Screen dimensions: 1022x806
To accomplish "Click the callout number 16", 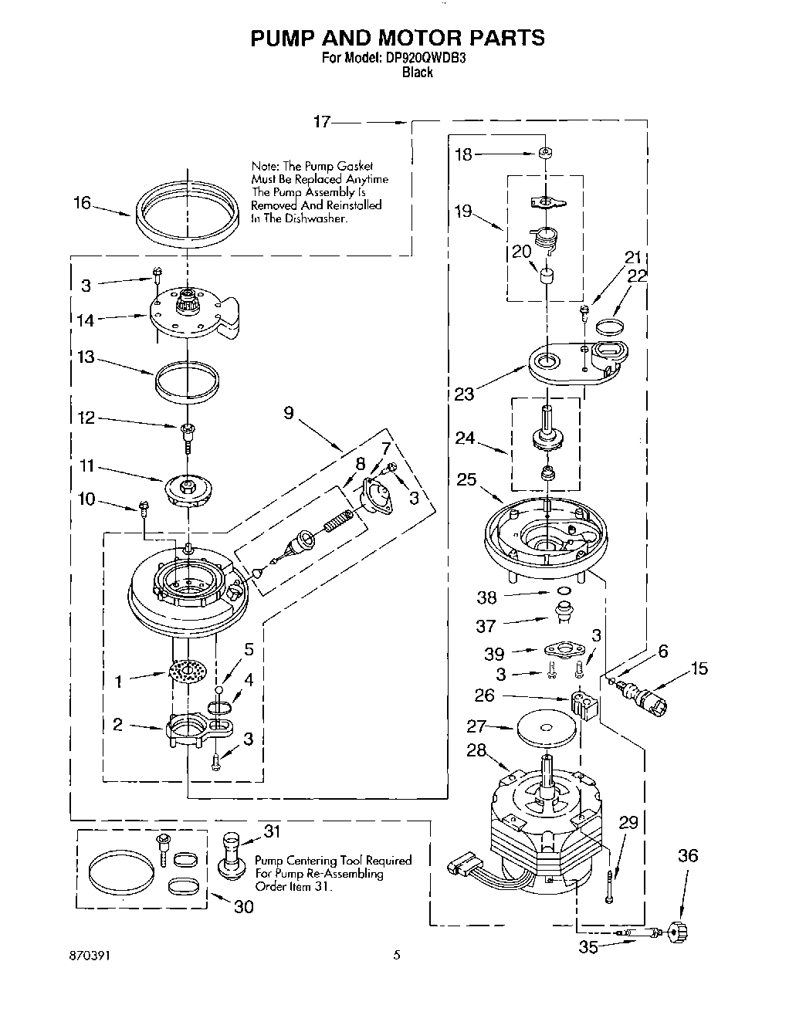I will pyautogui.click(x=82, y=203).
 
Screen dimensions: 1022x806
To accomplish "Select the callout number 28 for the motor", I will pyautogui.click(x=476, y=750).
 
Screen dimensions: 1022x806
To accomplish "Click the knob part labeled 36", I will pyautogui.click(x=678, y=932).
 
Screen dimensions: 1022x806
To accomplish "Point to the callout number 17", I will pyautogui.click(x=322, y=121).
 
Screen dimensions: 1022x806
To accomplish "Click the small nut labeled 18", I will pyautogui.click(x=544, y=153).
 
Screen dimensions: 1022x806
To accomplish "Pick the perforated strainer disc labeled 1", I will pyautogui.click(x=188, y=672).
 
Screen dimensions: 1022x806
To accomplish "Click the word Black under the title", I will pyautogui.click(x=417, y=73).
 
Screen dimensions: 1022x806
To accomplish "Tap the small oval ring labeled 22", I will pyautogui.click(x=610, y=326).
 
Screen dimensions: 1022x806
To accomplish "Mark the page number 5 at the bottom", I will pyautogui.click(x=396, y=955).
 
